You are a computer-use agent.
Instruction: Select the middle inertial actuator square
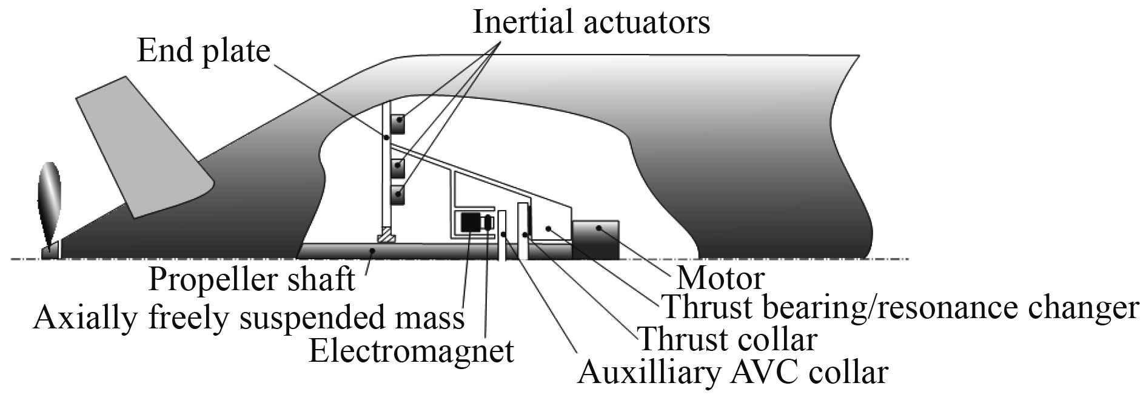398,165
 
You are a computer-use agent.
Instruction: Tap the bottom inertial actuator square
398,194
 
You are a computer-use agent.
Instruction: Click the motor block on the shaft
595,240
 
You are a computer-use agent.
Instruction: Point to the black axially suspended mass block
470,223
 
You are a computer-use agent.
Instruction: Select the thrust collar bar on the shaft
521,231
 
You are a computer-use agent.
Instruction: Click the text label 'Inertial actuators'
591,22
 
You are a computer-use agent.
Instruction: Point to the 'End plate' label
203,51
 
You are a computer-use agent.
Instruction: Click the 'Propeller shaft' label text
252,280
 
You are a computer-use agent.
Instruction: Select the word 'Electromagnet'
411,350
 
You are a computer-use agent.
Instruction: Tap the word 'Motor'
720,278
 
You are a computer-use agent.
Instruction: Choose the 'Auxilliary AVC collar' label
732,372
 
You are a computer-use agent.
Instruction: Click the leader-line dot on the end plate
386,138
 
